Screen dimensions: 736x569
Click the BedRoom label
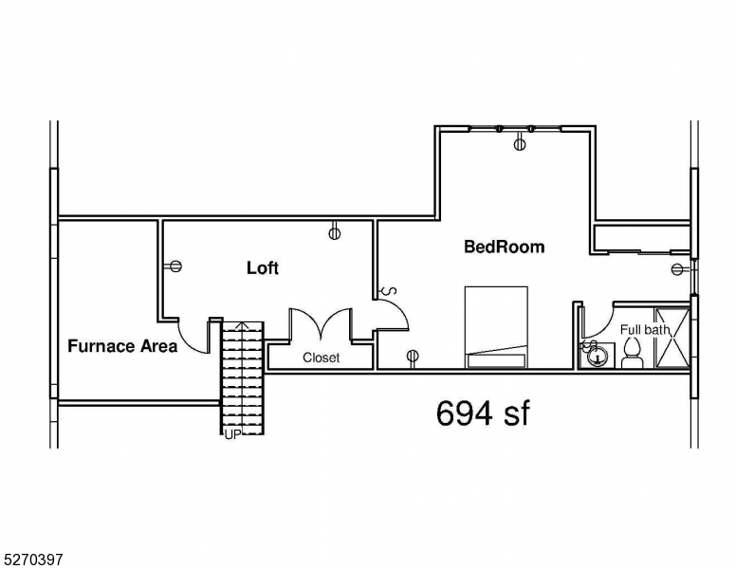[505, 247]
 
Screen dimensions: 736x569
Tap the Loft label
[263, 268]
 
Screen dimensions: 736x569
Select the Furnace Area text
[122, 346]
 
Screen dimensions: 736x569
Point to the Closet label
[322, 358]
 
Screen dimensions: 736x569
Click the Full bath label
[645, 330]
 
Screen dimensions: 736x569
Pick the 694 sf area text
[483, 413]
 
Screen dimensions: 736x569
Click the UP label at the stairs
[232, 435]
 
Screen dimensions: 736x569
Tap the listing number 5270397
[31, 560]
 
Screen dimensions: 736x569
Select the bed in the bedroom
[496, 327]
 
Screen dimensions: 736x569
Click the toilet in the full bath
[632, 353]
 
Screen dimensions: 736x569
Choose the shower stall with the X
[672, 337]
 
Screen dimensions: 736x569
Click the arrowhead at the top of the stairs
[241, 325]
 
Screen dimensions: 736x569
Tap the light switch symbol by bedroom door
[389, 291]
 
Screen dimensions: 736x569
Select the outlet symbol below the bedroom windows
[519, 142]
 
